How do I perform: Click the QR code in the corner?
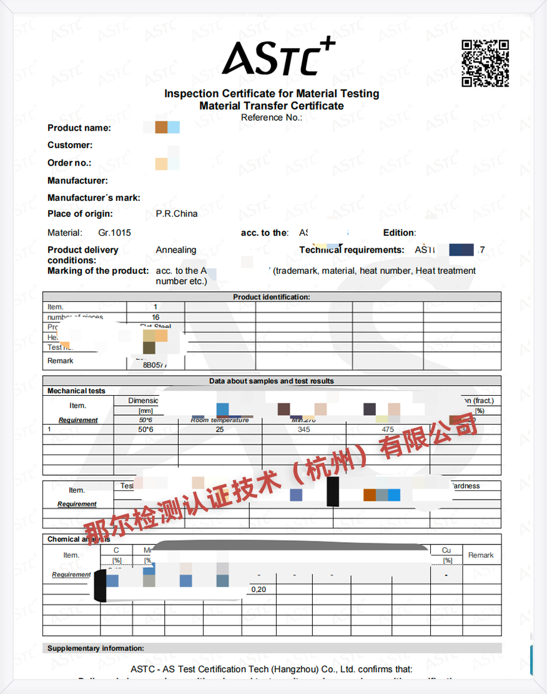click(485, 63)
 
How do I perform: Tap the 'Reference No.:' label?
click(272, 118)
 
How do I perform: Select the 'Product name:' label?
click(79, 128)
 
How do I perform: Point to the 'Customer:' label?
click(70, 145)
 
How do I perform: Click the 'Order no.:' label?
click(69, 163)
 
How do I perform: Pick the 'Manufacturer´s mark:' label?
click(94, 198)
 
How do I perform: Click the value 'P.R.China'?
click(177, 214)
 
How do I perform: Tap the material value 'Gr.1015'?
click(115, 233)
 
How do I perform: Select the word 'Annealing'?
click(176, 250)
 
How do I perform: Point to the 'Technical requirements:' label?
click(352, 250)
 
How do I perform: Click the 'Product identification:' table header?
click(272, 298)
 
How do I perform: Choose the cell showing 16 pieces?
click(155, 317)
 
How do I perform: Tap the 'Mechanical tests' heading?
click(77, 391)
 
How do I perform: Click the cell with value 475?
click(388, 430)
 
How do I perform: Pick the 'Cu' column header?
click(446, 550)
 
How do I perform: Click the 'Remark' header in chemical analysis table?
click(481, 555)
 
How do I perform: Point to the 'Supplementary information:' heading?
click(96, 648)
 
